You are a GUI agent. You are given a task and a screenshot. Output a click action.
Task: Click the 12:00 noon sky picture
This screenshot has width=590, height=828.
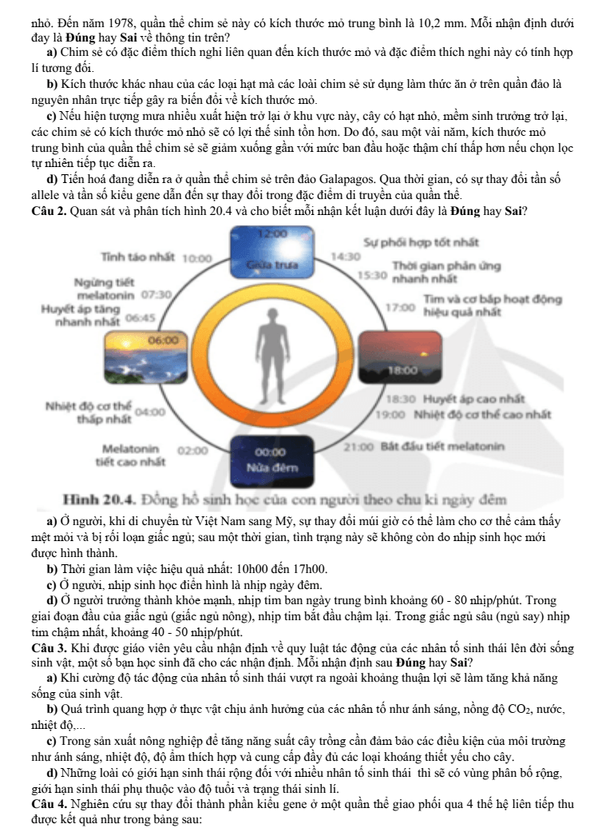[x=272, y=251]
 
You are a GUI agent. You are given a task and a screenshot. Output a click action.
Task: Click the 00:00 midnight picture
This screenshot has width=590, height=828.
[x=272, y=461]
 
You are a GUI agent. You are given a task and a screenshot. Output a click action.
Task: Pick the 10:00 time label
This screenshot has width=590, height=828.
[x=196, y=259]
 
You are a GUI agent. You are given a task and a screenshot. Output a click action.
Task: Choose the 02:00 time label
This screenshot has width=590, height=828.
[x=192, y=451]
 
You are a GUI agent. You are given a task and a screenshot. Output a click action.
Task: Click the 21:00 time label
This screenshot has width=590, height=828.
[x=358, y=447]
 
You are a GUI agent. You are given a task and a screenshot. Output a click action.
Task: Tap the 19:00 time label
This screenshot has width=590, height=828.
[x=390, y=414]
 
